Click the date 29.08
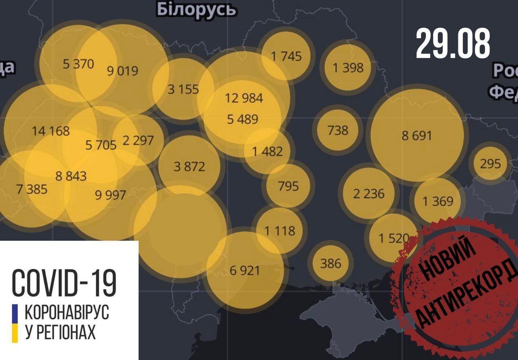click(x=452, y=44)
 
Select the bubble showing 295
click(x=490, y=164)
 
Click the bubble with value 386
click(x=331, y=263)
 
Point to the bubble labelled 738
click(x=338, y=130)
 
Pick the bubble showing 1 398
click(x=348, y=67)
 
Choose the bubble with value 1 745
click(x=287, y=56)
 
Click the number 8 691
click(x=417, y=135)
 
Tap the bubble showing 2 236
click(x=369, y=193)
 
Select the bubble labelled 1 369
click(x=438, y=201)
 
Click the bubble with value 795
click(x=288, y=186)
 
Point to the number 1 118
click(x=280, y=231)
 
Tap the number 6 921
click(x=244, y=270)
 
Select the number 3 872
click(x=189, y=166)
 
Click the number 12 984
click(x=244, y=98)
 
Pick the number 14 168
click(x=51, y=131)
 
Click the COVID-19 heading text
click(x=64, y=282)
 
